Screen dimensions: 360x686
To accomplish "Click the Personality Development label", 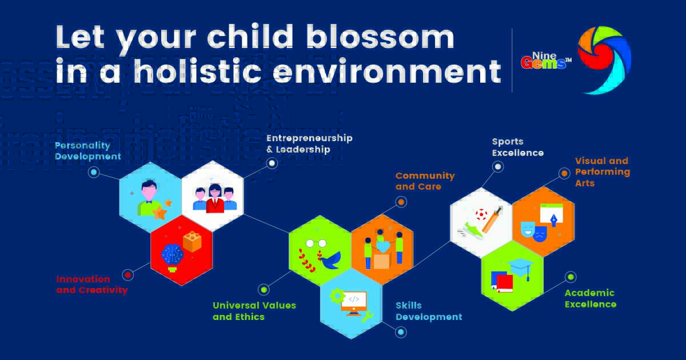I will tap(87, 151).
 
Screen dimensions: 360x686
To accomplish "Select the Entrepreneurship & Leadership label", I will tap(309, 143).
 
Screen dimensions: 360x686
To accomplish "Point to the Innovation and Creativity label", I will tap(91, 285).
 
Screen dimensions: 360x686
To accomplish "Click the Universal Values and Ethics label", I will tap(254, 311).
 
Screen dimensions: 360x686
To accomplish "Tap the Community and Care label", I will tap(425, 181).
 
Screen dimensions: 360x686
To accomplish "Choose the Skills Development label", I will tap(428, 311).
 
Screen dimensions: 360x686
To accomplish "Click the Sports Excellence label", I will tap(517, 147).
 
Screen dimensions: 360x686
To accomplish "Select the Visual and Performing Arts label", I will tap(602, 171).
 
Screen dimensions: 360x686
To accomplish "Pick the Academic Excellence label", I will tap(590, 298).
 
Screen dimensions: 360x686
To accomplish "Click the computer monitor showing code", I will tap(353, 301).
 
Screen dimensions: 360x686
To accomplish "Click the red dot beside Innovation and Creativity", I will tap(128, 275).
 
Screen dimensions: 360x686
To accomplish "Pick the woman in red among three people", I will tap(214, 199).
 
